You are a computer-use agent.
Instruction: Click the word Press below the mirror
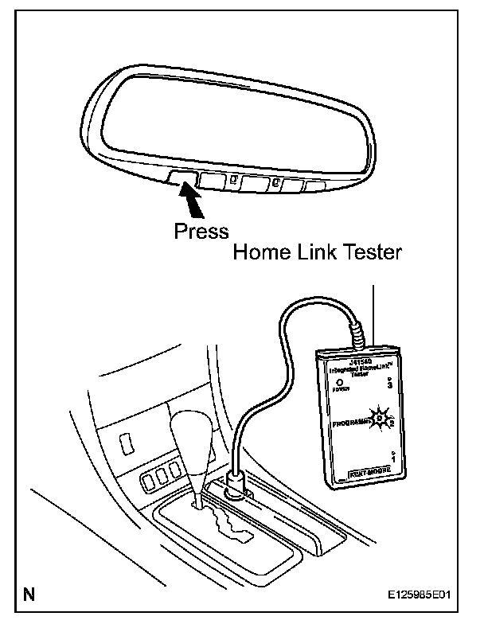pos(201,231)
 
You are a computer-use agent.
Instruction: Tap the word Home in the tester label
pos(260,253)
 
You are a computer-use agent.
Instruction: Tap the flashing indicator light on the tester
pos(381,417)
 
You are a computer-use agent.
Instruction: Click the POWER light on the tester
pos(338,381)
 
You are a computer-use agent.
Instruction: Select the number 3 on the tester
pos(389,384)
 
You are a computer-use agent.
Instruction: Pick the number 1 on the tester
pos(395,458)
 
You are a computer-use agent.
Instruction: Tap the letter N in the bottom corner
pos(29,594)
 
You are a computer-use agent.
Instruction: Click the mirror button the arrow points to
pos(182,177)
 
